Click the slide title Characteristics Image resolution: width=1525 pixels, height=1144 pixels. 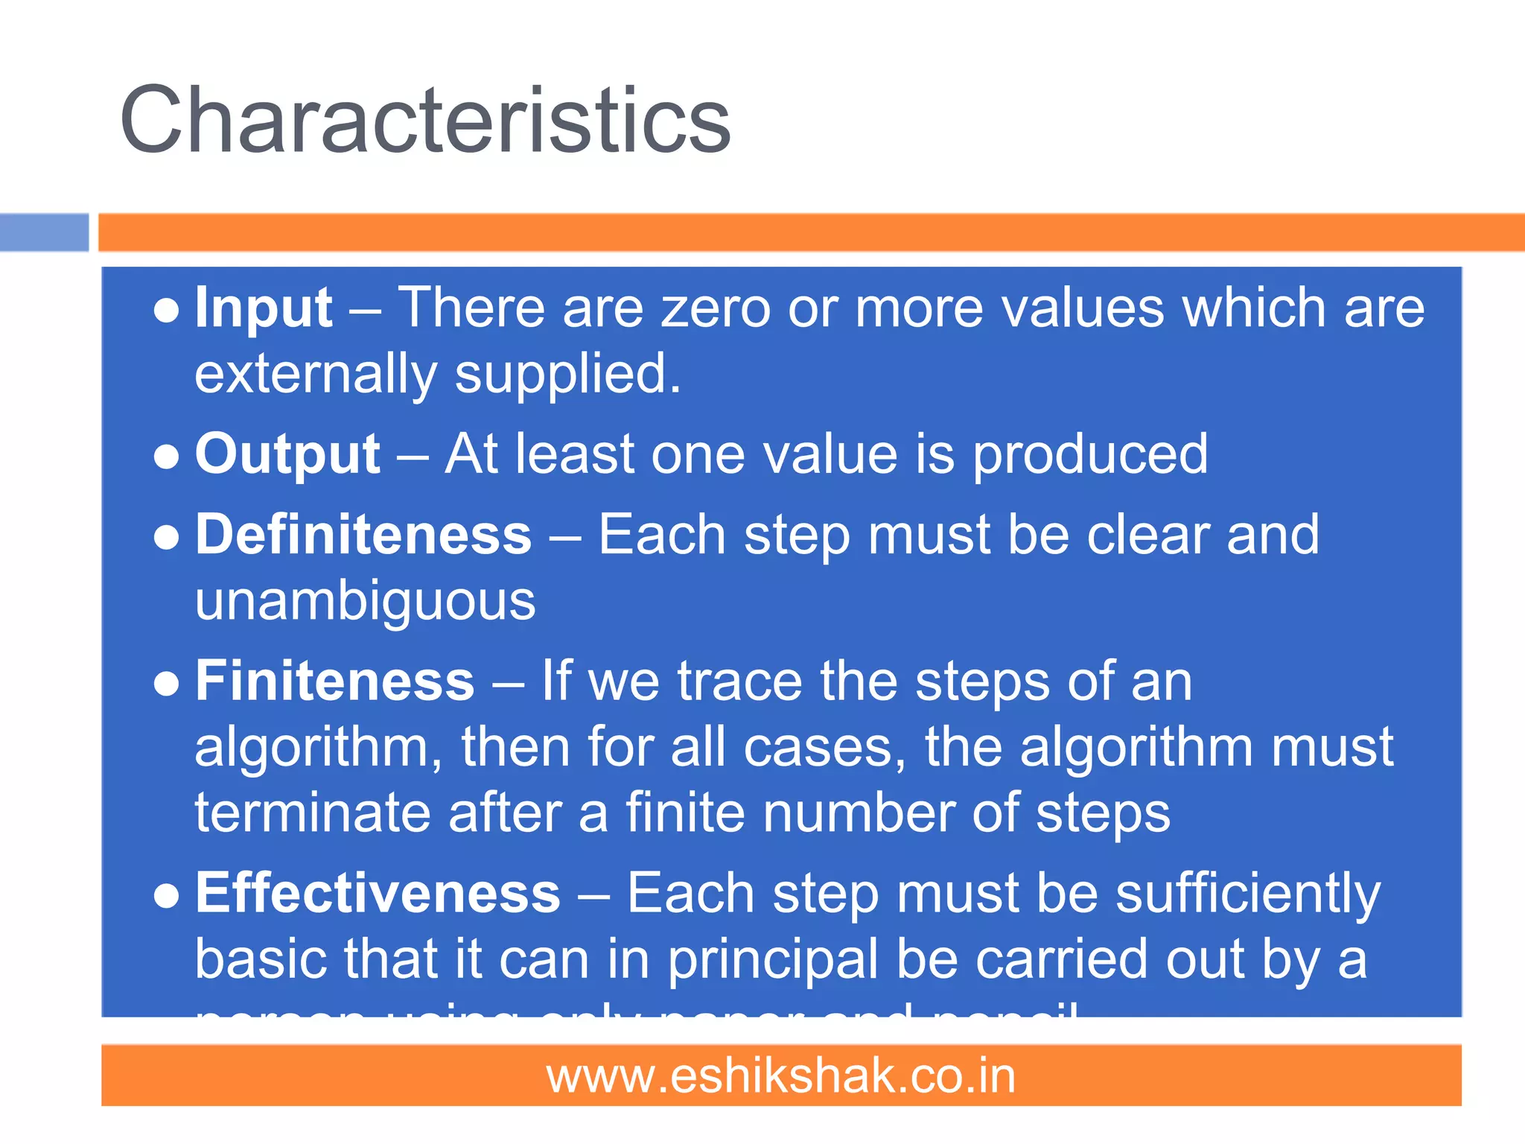[425, 120]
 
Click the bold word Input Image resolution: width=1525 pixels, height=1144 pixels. [263, 308]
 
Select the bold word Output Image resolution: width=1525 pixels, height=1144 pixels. [287, 454]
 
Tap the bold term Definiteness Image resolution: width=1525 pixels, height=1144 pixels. [363, 535]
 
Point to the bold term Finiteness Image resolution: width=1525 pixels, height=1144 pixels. [334, 681]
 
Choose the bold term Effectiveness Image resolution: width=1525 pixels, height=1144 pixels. [378, 893]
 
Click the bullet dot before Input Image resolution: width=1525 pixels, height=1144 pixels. [166, 311]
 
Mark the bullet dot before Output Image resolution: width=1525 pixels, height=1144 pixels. [166, 457]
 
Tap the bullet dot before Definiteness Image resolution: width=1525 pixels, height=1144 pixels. [166, 538]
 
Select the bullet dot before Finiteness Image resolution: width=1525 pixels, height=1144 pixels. [166, 684]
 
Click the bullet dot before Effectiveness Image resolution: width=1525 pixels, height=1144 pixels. [166, 896]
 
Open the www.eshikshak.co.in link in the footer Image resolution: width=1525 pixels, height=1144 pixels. [781, 1076]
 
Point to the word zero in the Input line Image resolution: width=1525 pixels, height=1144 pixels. [716, 308]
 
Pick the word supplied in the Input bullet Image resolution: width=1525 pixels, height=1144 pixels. [567, 375]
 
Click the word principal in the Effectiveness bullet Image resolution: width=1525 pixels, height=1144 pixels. [772, 961]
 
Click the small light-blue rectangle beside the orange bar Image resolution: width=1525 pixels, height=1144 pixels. [44, 232]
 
